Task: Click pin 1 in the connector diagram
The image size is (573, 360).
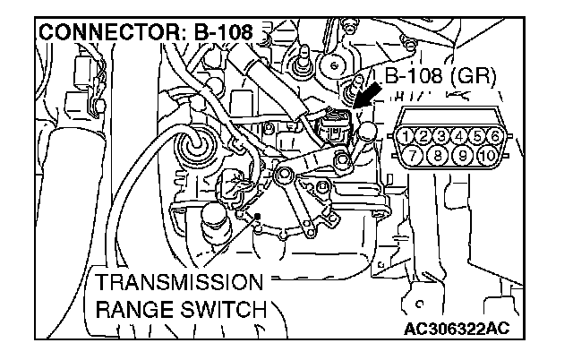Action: [408, 137]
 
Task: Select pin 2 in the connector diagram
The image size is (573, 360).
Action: [424, 137]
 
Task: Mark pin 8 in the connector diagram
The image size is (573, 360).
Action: [438, 156]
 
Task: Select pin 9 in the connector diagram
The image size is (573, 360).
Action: [460, 156]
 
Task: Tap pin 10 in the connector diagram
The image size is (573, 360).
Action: [484, 156]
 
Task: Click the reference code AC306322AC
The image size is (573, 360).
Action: [462, 328]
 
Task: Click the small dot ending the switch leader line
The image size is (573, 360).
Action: [258, 217]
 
